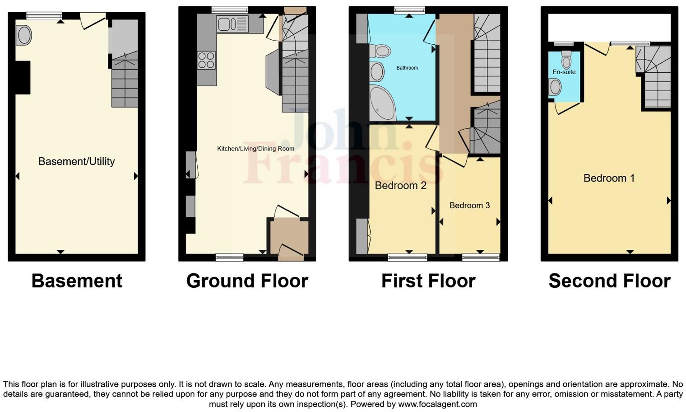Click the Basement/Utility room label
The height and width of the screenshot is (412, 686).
pos(76,161)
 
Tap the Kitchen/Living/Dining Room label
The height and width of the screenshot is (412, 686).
pos(255,149)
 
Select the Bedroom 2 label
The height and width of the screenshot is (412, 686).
pos(400,185)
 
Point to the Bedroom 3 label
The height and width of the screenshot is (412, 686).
pos(469,206)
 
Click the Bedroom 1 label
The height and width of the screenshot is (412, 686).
pos(609,178)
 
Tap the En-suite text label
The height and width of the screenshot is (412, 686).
pos(564,72)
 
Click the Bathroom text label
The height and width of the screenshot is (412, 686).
pos(407,68)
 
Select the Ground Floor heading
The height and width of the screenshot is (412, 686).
pos(247,281)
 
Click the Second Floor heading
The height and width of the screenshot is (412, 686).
pos(609,281)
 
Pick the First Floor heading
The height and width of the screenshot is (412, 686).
pos(428,281)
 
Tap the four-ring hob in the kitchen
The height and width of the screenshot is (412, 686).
pos(206,61)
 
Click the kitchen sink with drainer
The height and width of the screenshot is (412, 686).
pos(232,23)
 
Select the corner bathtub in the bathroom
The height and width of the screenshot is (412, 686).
pos(381,103)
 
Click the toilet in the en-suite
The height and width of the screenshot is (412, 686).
pos(566,60)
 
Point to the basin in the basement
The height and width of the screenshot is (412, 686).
pos(23,35)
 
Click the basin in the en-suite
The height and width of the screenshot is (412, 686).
pos(555,87)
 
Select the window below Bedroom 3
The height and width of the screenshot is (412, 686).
pos(480,257)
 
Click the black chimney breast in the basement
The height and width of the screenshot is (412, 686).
pos(23,78)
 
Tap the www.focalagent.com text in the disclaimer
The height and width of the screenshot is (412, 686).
pos(437,404)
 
